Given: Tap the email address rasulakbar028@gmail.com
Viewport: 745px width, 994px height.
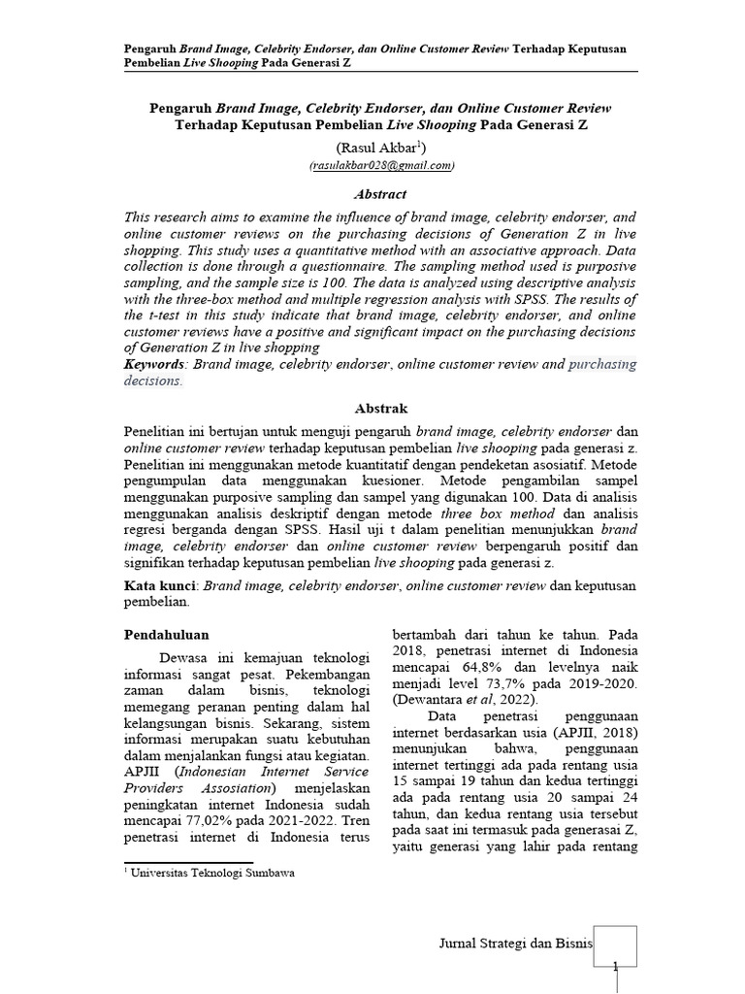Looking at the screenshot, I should pos(381,166).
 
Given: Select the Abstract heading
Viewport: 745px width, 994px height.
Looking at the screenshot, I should pos(380,194).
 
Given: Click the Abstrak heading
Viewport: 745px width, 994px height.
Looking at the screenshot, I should pos(381,409).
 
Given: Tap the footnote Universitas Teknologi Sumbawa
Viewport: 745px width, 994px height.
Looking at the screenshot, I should pos(214,872).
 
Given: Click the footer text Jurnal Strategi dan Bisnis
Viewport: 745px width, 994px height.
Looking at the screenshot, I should pos(515,943).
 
